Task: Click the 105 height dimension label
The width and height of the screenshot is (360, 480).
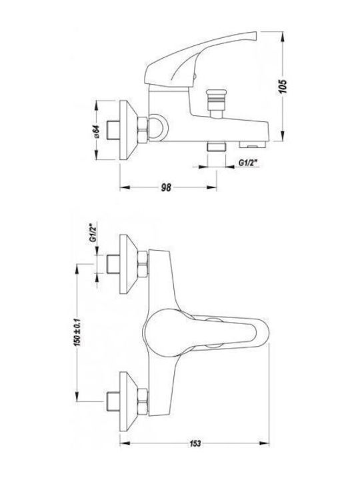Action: coord(283,87)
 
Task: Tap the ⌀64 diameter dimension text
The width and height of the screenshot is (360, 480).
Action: coord(96,131)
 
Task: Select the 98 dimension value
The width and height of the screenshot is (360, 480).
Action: coord(166,187)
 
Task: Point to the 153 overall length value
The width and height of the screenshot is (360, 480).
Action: coord(195,443)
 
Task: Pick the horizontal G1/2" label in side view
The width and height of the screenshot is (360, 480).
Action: coord(247,163)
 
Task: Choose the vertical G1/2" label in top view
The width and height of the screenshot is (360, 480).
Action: coord(93,233)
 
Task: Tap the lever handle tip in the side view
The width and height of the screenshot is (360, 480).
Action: coord(255,35)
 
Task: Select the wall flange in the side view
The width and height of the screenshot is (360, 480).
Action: coord(129,130)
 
